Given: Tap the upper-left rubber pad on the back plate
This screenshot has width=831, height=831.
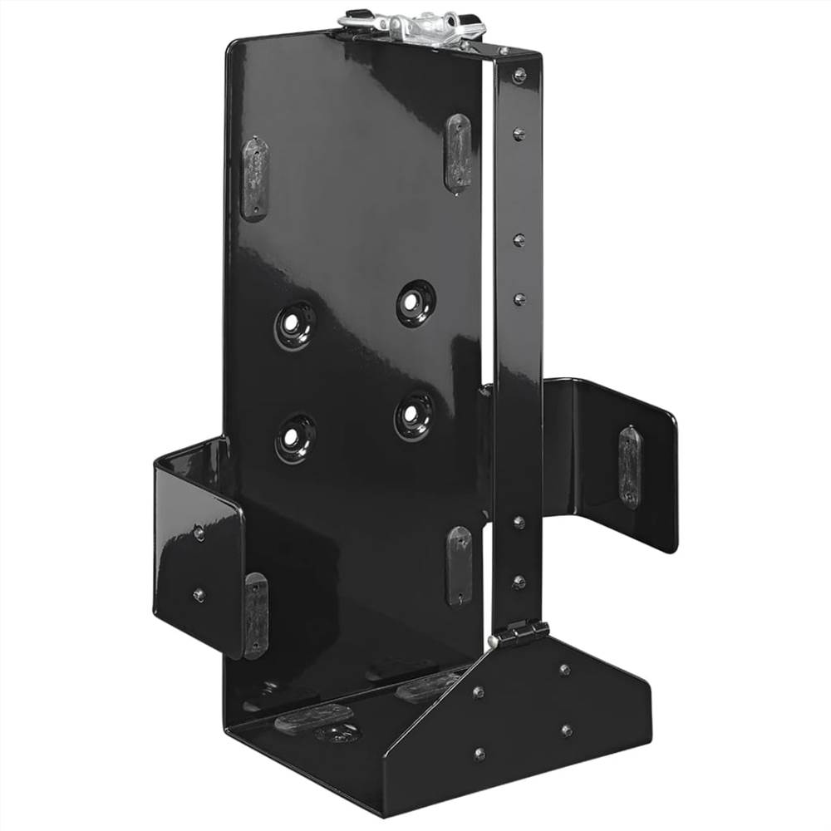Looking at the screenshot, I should (254, 179).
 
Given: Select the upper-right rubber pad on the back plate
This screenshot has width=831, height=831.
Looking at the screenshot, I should (458, 153).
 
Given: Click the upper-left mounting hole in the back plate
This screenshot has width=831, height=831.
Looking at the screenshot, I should (296, 325).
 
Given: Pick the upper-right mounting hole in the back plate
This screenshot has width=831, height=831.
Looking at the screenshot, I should (415, 302).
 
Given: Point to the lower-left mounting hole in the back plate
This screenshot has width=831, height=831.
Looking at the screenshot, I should (295, 438).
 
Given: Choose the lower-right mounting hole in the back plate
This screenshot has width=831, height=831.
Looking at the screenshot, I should (414, 414).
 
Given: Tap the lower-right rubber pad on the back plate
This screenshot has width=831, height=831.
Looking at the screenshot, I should (459, 564).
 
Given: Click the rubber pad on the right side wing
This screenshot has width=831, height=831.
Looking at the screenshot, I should (630, 466).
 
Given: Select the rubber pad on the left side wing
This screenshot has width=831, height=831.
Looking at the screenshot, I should (255, 614).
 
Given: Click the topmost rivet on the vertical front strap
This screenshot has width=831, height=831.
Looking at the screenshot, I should (520, 76).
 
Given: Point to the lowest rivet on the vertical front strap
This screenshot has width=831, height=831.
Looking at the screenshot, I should (519, 583).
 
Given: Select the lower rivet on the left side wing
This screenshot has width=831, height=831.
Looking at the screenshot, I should (199, 594).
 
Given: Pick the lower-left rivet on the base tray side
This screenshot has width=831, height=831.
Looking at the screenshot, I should (479, 753).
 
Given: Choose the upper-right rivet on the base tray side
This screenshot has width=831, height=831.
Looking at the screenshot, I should (564, 669).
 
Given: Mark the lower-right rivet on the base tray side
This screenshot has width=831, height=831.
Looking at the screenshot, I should (566, 730).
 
